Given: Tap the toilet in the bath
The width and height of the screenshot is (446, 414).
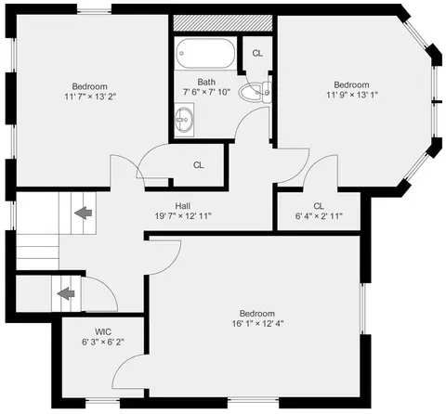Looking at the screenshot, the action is coord(255,92).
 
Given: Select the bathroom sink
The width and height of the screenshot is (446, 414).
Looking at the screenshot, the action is coord(184,120).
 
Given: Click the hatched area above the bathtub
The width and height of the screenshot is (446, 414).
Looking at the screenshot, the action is coord(222,23).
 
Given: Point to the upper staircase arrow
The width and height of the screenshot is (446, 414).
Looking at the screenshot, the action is coord(84,213).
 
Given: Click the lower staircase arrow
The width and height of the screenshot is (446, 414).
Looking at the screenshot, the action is coord(66,293).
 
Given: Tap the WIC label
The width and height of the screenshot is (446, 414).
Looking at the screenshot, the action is coord(103,332).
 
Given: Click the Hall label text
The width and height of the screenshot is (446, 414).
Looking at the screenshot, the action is coord(183,206).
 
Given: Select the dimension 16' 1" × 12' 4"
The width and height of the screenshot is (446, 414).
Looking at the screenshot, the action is coord(257,324).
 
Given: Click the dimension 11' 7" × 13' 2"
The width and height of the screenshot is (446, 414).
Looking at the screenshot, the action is coord(90,97).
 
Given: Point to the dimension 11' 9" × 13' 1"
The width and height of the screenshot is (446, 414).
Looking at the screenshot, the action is coord(352,95).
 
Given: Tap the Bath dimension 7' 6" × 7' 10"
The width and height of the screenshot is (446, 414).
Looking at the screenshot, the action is coord(206,92).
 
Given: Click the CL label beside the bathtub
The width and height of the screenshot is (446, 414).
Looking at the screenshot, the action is coord(257,54).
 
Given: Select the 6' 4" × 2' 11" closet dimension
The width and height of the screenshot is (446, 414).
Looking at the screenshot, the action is coord(319,216).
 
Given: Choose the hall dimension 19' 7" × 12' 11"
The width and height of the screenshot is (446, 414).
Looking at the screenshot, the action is coord(183,216).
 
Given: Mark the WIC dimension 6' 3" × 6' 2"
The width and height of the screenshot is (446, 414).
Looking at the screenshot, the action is coord(103,342).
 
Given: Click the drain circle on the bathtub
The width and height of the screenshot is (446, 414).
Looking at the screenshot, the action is coord(182,53).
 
